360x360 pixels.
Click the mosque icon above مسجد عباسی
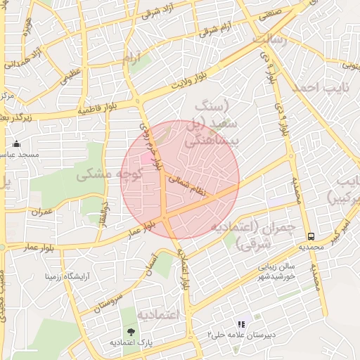click(17, 144)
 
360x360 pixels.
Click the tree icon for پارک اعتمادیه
click(131, 332)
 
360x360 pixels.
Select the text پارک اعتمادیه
click(131, 342)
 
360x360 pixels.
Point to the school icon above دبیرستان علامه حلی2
click(242, 325)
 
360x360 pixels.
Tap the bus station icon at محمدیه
click(311, 237)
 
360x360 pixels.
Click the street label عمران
click(41, 212)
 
